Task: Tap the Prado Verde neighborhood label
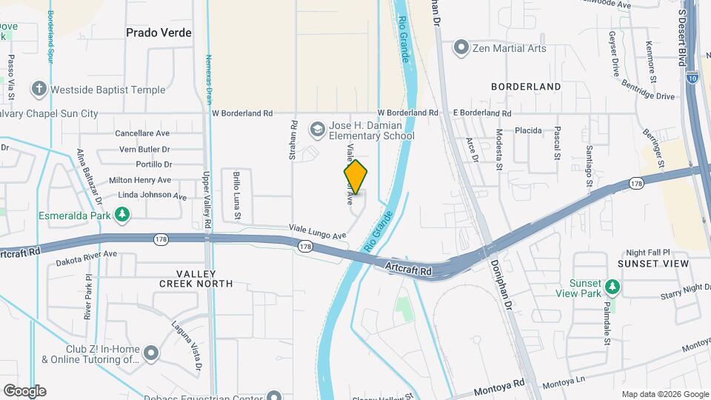coord(158,33)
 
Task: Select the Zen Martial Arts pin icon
coord(461,48)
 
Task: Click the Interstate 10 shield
coord(692,76)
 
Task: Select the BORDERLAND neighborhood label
coord(526,87)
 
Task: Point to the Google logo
coord(24,390)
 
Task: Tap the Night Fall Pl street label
coord(648,252)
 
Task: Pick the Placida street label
coord(529,130)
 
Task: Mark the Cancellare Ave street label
coord(143,133)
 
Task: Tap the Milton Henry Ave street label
coord(140,180)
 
